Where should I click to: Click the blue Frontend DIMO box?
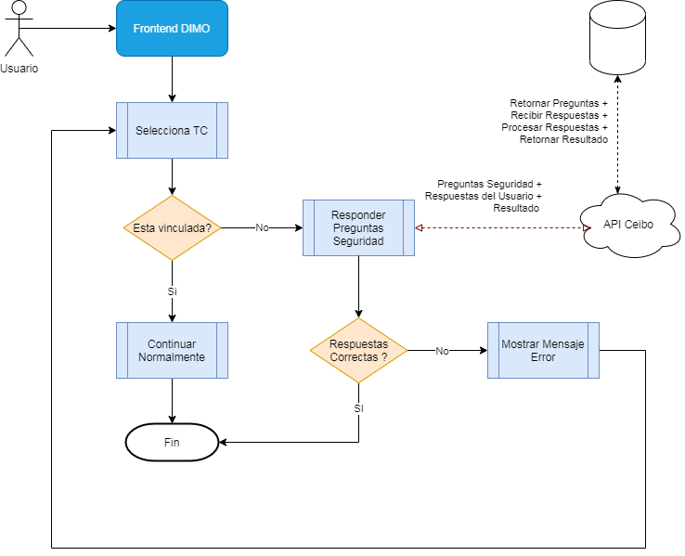(x=172, y=29)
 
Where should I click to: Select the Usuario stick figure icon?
(x=19, y=29)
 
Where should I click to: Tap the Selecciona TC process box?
(x=172, y=130)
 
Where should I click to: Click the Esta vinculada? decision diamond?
(x=172, y=227)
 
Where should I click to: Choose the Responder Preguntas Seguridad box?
(x=358, y=227)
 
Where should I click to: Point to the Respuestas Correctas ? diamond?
(x=358, y=350)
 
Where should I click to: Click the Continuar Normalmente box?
(x=172, y=350)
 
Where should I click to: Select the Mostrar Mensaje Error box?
(x=544, y=350)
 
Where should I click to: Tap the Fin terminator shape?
(x=172, y=442)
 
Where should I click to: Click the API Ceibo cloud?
(x=629, y=226)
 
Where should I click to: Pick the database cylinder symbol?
(x=618, y=37)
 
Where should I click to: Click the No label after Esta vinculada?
(x=262, y=227)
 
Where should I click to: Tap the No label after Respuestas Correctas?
(x=442, y=351)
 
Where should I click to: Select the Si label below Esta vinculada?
(x=172, y=291)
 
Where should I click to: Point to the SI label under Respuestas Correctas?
(x=358, y=408)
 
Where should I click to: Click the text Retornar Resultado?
(x=563, y=139)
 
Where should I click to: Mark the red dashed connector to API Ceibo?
(x=503, y=227)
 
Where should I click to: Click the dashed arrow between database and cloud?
(x=618, y=135)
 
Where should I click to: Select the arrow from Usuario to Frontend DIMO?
(x=68, y=29)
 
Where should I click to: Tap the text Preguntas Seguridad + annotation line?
(x=489, y=184)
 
